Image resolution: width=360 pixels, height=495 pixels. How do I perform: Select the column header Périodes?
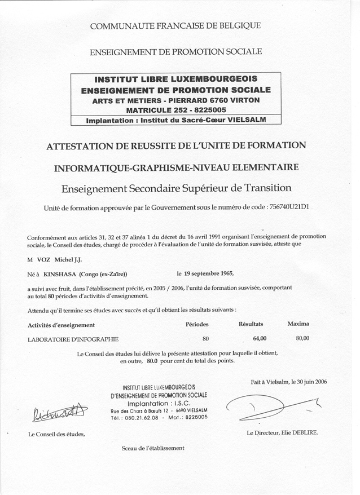pyautogui.click(x=197, y=324)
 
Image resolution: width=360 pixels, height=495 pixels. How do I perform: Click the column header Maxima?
pyautogui.click(x=298, y=324)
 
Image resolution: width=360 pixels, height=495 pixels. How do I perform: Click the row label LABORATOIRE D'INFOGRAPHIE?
pyautogui.click(x=73, y=339)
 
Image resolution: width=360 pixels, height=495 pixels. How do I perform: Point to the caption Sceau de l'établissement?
pyautogui.click(x=153, y=448)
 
